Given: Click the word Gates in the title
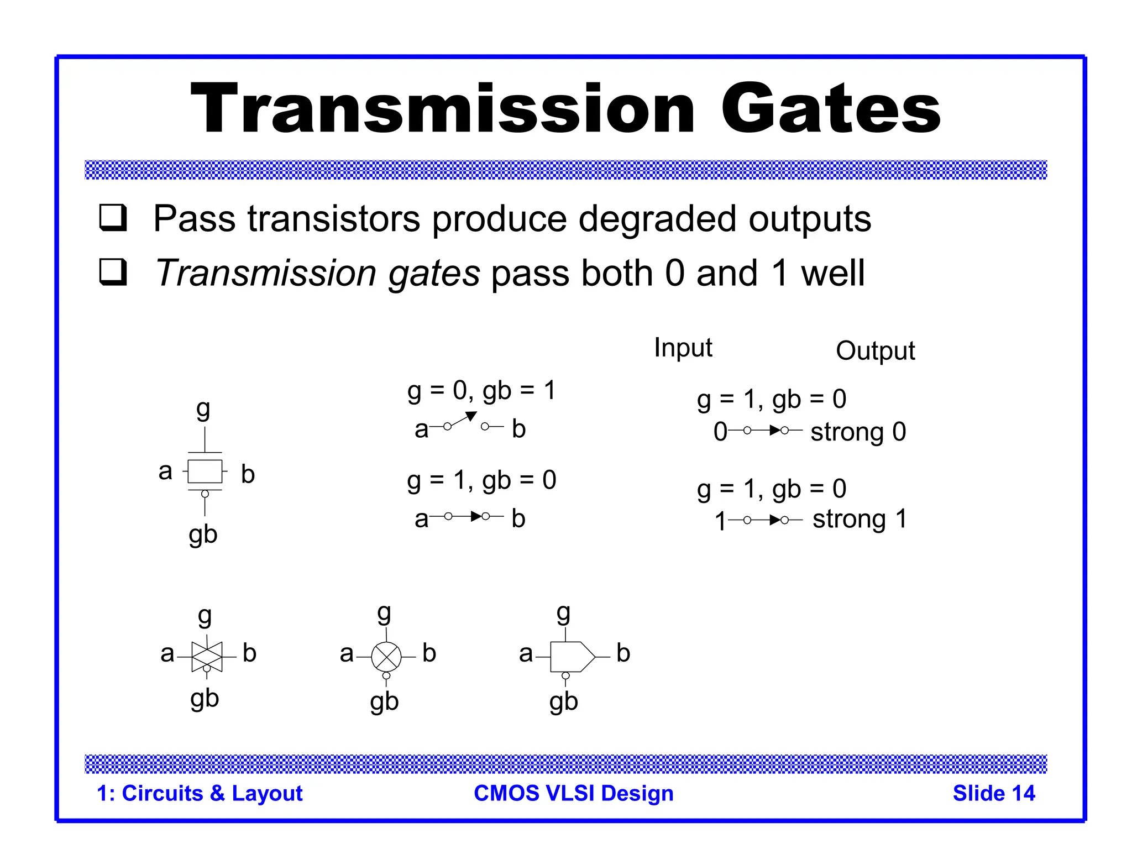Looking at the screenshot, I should coord(830,109).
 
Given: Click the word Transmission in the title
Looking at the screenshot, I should coord(442,109).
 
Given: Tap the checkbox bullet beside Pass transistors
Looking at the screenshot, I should coord(113,218).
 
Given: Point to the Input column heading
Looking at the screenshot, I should coord(683,348).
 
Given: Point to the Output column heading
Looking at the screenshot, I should coord(875,351).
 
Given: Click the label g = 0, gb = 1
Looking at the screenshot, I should coord(481,391).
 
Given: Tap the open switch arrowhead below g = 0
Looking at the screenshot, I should coord(471,416).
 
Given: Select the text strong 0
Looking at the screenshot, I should coord(858,432).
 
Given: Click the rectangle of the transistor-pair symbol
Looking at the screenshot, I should coord(205,471).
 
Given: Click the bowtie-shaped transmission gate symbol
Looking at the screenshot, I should coord(207,656).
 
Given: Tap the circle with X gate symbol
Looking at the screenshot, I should coord(386,657).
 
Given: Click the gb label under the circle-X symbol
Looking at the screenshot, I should coord(384,702).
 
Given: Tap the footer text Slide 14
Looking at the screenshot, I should coord(993,793).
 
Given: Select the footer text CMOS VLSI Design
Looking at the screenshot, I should coord(573,793).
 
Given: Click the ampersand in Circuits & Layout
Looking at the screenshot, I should coord(217,794).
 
